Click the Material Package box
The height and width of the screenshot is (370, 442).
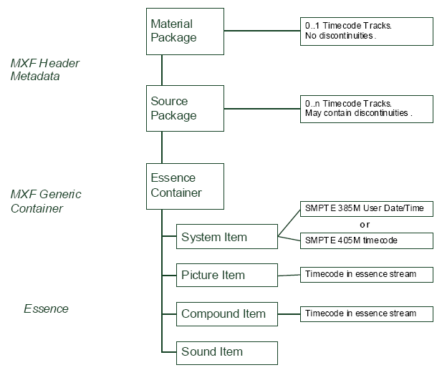(x=185, y=31)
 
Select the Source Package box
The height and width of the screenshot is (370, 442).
(x=185, y=109)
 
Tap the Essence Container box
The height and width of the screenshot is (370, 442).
(x=185, y=186)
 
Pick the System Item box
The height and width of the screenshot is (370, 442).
(x=226, y=237)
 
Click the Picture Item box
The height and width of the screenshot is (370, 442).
(x=226, y=275)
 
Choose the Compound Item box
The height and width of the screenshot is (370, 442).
(x=226, y=313)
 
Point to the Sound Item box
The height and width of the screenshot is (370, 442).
(x=226, y=351)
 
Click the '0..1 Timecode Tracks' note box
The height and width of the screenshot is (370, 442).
(x=366, y=31)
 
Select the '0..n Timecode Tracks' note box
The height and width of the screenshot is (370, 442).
(x=366, y=109)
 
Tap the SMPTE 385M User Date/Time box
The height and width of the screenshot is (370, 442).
(x=366, y=208)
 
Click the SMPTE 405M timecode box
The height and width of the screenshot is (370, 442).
(x=366, y=240)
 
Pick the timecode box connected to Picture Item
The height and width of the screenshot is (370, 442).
(x=366, y=274)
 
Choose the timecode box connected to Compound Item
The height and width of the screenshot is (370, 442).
(x=366, y=313)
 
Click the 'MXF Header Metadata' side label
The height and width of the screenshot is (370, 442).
(x=44, y=69)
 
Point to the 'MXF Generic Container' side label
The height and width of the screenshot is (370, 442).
(x=46, y=201)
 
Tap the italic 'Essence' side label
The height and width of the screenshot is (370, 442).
(x=46, y=309)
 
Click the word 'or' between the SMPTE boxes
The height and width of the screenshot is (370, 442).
(x=365, y=225)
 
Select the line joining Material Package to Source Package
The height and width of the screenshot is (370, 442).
(x=163, y=70)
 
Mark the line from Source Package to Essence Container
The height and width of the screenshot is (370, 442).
(x=163, y=147)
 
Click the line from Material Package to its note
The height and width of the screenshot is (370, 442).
(x=261, y=31)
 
